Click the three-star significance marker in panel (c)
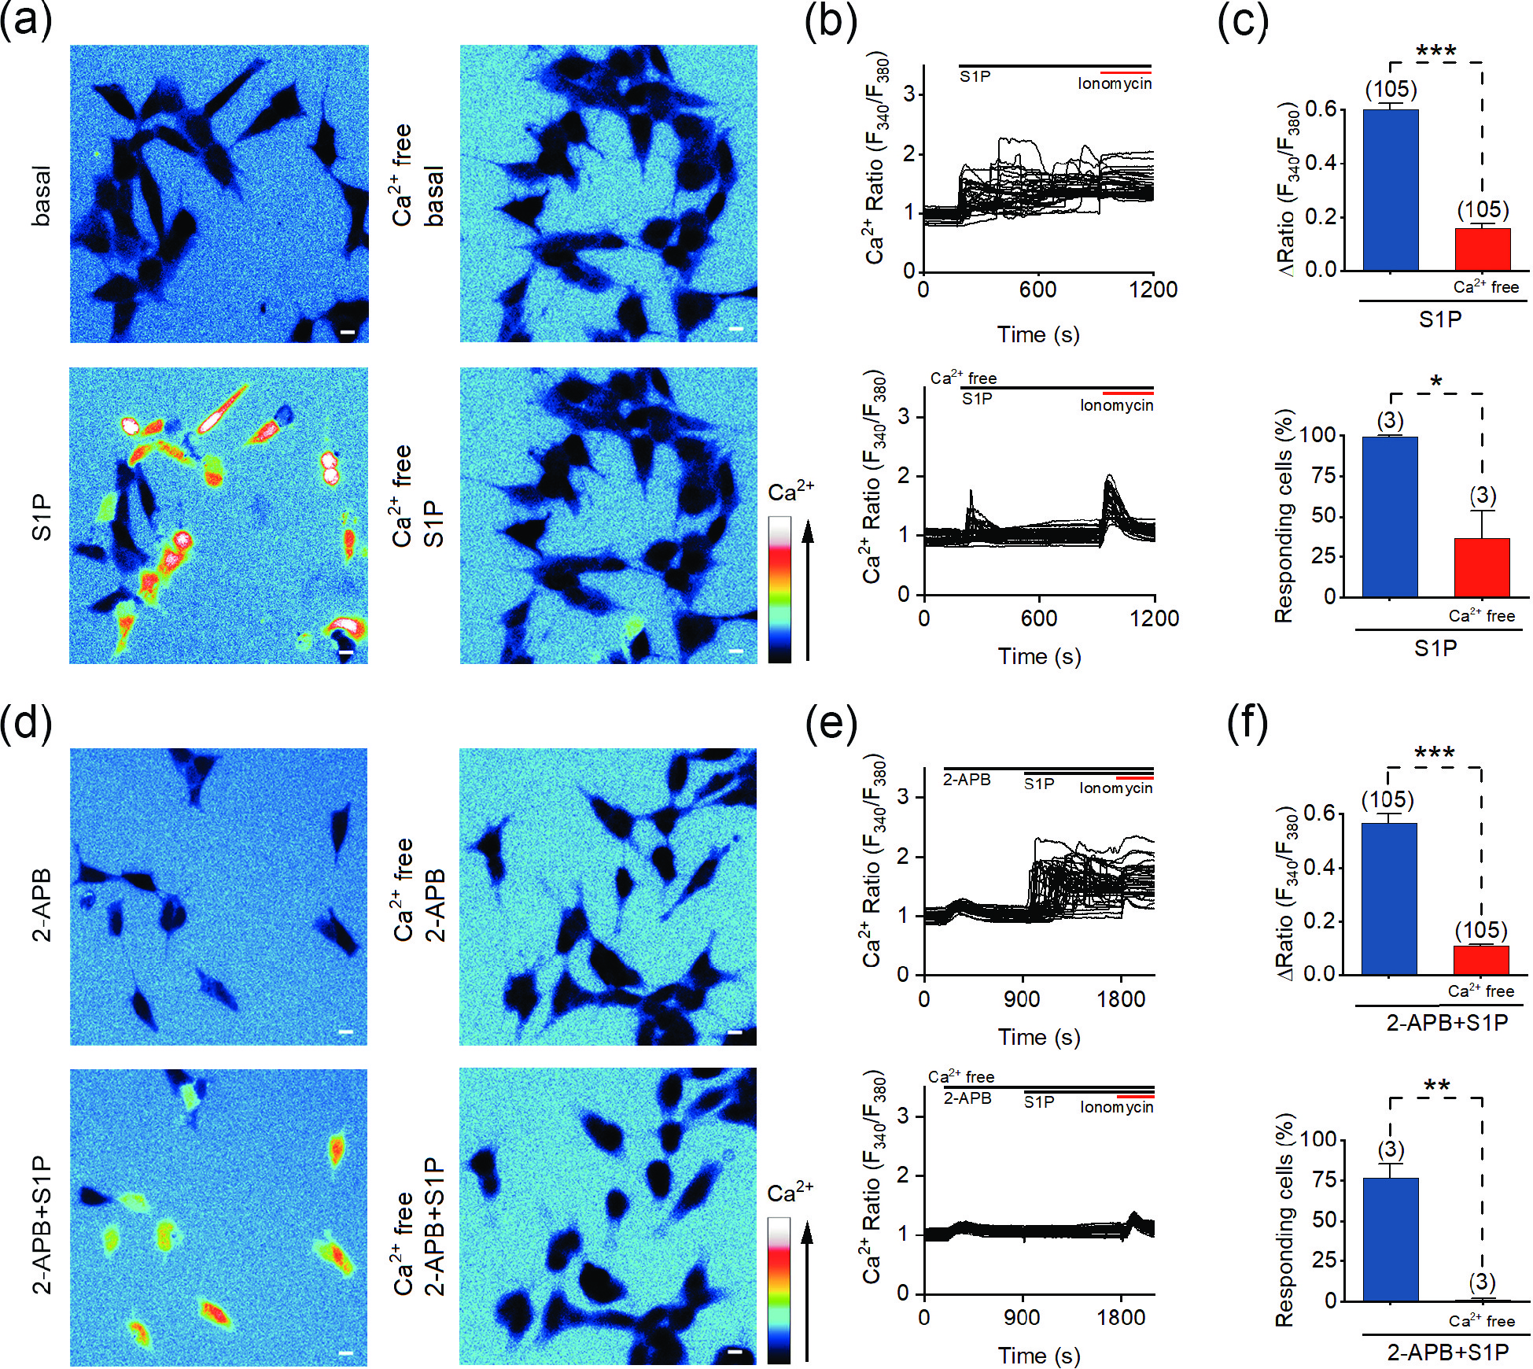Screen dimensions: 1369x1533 point(1435,52)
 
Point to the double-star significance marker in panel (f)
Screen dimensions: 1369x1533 point(1436,1087)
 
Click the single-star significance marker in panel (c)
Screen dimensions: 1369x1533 point(1436,382)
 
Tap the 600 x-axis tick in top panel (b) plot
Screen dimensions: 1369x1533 point(1037,290)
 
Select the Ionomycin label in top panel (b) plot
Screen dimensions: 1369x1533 point(1114,83)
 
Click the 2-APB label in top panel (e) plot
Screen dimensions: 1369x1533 point(967,780)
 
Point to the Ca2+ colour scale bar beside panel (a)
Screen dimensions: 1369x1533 point(779,589)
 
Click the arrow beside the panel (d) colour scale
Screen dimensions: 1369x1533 point(807,1290)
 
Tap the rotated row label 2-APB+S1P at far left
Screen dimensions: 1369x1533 point(42,1224)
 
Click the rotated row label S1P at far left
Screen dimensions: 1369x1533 point(42,517)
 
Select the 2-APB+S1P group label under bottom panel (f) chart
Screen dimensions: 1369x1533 point(1447,1352)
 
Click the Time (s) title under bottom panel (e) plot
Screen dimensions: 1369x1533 point(1039,1356)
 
